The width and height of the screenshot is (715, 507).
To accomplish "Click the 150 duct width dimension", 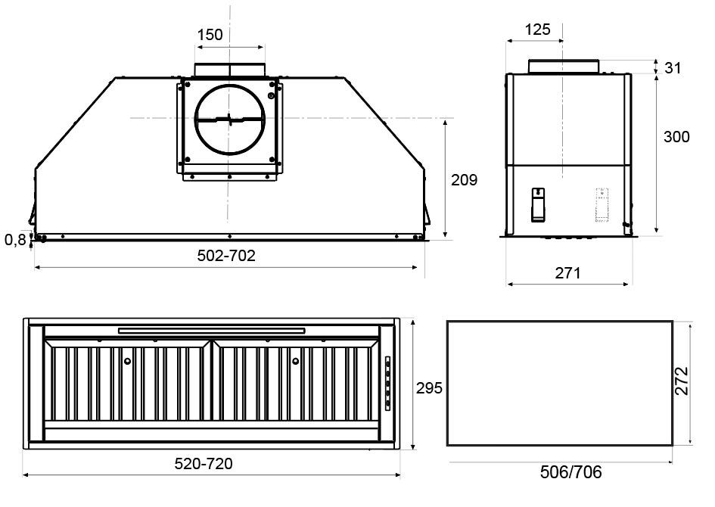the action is [210, 35].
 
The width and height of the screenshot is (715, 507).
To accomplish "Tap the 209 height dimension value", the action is [465, 180].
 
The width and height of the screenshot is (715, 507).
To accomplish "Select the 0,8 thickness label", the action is [15, 240].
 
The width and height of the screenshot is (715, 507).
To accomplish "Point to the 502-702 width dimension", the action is [226, 255].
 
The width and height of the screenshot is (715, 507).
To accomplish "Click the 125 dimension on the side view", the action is [538, 30].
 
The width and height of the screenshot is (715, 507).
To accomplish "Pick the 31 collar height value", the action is [673, 68].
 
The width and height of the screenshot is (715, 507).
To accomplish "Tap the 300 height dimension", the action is [676, 137].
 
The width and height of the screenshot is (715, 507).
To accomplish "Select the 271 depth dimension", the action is [567, 273].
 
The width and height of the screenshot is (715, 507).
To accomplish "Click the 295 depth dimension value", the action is [429, 388].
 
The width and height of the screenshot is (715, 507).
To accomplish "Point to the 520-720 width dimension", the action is [204, 464].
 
